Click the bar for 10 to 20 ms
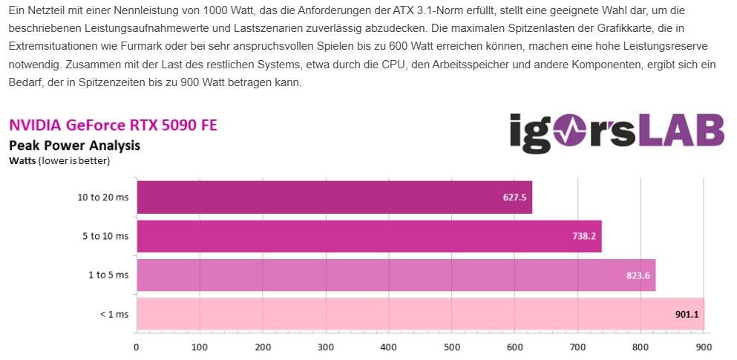pyautogui.click(x=334, y=197)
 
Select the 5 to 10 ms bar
pyautogui.click(x=369, y=236)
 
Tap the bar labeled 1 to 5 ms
pyautogui.click(x=396, y=275)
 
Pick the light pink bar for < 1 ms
pyautogui.click(x=420, y=314)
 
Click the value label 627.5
pyautogui.click(x=514, y=198)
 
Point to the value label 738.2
pyautogui.click(x=583, y=237)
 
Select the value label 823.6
pyautogui.click(x=637, y=275)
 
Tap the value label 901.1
pyautogui.click(x=686, y=314)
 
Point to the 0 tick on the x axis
pyautogui.click(x=137, y=347)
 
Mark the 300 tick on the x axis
pyautogui.click(x=326, y=347)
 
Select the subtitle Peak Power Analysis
pyautogui.click(x=74, y=145)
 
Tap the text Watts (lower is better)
pyautogui.click(x=59, y=160)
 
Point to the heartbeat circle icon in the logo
pyautogui.click(x=574, y=132)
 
